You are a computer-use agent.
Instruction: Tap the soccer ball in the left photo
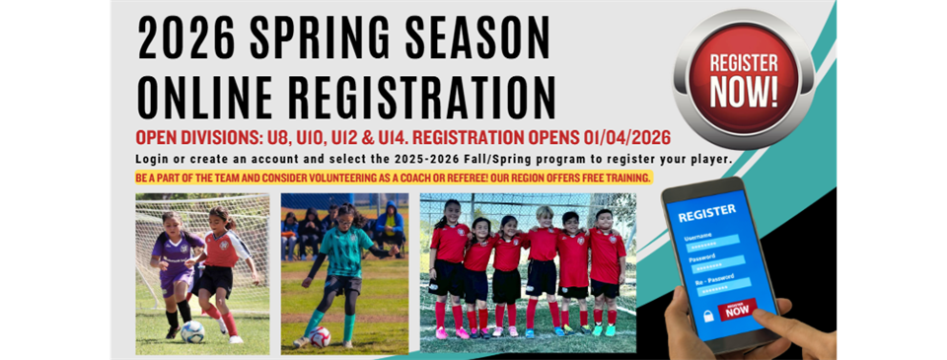click(192, 331)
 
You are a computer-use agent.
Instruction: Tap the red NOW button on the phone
click(737, 309)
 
